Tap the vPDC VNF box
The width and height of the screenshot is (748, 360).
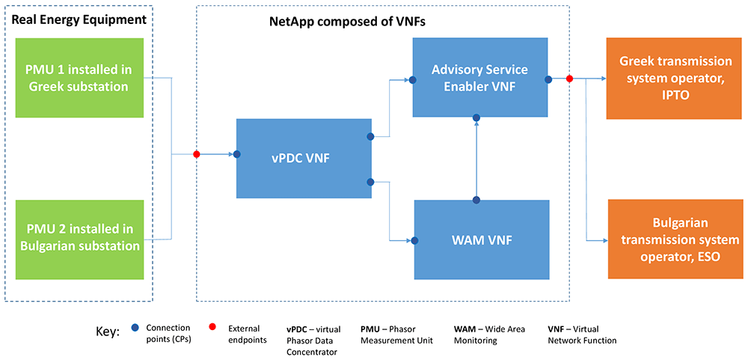(304, 158)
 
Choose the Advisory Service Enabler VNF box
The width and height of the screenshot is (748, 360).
(480, 77)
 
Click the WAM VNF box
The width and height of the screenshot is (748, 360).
(482, 240)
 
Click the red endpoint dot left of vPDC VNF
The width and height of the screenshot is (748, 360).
(196, 154)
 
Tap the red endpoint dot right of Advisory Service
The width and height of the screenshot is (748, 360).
(569, 79)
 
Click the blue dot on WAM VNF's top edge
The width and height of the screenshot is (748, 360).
(476, 200)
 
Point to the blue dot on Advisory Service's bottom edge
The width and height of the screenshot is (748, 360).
(476, 118)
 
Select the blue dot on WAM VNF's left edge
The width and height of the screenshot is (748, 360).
(415, 241)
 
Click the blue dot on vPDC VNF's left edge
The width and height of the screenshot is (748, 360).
(236, 154)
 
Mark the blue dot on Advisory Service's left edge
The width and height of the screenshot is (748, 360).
(413, 80)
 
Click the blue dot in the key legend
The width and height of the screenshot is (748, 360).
(136, 328)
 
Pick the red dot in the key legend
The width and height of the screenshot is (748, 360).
(212, 326)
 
